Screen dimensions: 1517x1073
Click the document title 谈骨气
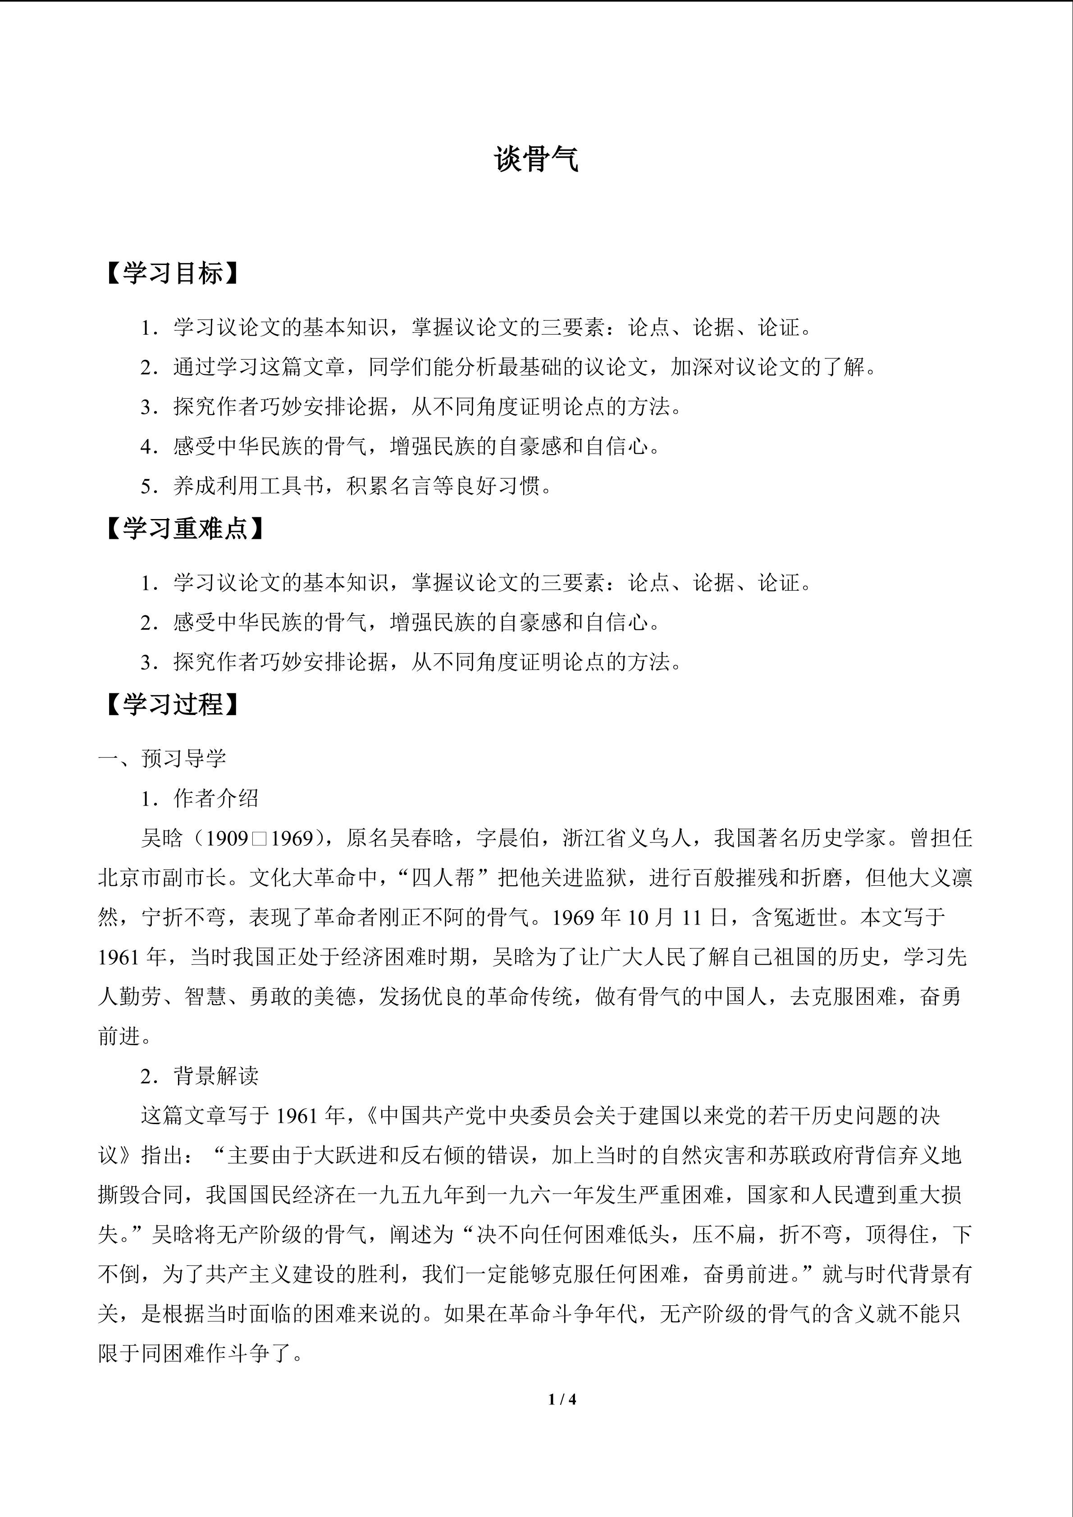[x=536, y=160]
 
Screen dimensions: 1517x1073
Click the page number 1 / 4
[x=562, y=1399]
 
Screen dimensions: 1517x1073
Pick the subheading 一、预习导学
[x=163, y=759]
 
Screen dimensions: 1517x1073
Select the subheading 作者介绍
[x=216, y=798]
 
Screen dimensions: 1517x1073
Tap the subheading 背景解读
[x=216, y=1076]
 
